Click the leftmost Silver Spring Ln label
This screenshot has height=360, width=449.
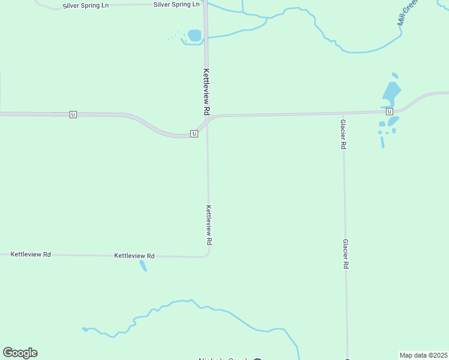(86, 6)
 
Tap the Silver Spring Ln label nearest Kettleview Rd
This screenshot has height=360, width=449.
(176, 4)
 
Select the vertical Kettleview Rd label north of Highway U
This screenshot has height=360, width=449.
(206, 92)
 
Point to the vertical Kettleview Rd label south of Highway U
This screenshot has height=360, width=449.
(209, 225)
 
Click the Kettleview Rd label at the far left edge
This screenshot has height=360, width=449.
(31, 254)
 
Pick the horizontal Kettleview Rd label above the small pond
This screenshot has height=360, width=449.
(134, 256)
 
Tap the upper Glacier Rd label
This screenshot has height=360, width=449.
(343, 134)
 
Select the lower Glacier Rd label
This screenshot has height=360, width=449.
(346, 254)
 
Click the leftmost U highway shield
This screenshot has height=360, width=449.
(73, 114)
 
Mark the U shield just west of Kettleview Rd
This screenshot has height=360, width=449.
(194, 133)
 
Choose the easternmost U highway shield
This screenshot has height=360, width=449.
(390, 112)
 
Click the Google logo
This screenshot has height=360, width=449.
(20, 353)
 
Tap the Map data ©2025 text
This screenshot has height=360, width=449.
(423, 355)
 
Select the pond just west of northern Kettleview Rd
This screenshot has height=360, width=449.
(194, 35)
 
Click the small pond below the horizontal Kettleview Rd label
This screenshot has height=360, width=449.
(143, 265)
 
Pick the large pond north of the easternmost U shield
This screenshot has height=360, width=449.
(391, 93)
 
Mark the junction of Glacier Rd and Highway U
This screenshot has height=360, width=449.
(343, 113)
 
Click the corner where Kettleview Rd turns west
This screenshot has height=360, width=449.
(207, 255)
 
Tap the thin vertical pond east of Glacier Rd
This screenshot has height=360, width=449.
(382, 142)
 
